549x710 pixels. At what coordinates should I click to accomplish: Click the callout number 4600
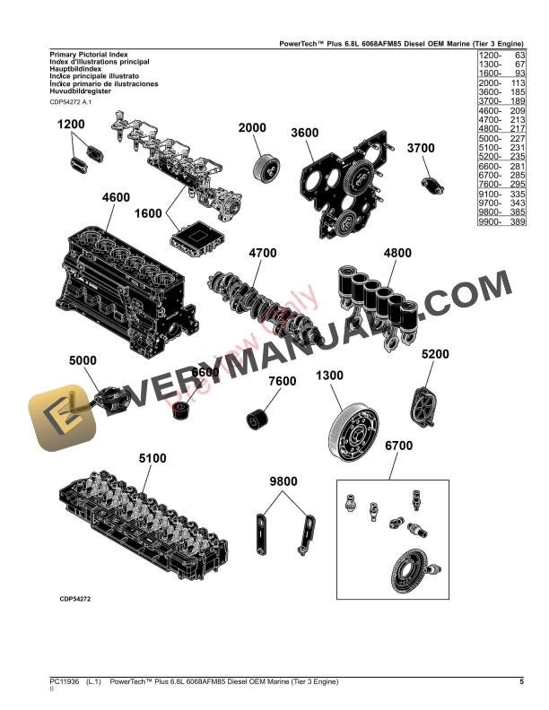pyautogui.click(x=116, y=197)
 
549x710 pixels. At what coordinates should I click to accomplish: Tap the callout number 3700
pyautogui.click(x=421, y=148)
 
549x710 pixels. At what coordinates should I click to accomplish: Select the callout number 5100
pyautogui.click(x=152, y=458)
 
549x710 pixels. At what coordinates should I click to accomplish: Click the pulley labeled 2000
pyautogui.click(x=266, y=167)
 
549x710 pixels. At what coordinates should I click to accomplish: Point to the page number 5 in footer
pyautogui.click(x=521, y=683)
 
